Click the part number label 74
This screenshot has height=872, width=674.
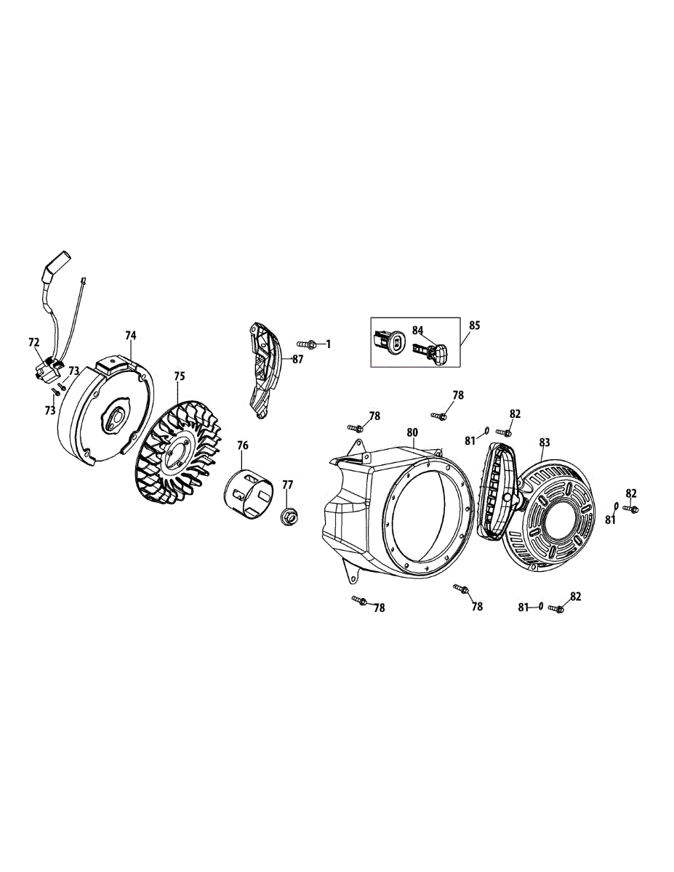[130, 335]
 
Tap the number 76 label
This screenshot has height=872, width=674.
[243, 445]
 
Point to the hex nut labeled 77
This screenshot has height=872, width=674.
[289, 517]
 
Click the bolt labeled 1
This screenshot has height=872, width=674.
[308, 343]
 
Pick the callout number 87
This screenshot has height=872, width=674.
[297, 359]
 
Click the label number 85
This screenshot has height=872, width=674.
[474, 325]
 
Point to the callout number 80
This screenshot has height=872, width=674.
[412, 432]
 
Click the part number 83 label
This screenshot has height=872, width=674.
[545, 441]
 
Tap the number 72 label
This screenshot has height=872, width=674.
[34, 341]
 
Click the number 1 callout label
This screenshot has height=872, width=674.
[328, 344]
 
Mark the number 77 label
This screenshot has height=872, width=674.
[287, 484]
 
